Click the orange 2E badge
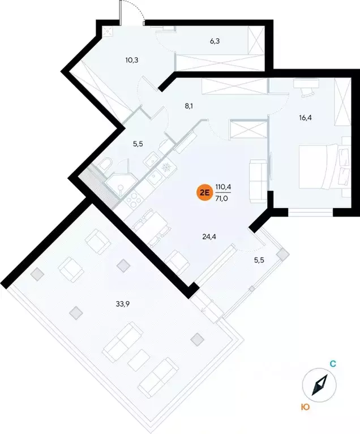[x=203, y=193]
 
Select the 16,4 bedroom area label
[x=306, y=118]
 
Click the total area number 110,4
[x=224, y=187]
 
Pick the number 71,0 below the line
[x=224, y=198]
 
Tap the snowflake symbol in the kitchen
[x=166, y=168]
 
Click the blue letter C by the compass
[x=333, y=365]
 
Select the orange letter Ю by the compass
[x=305, y=406]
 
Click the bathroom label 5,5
[x=138, y=144]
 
